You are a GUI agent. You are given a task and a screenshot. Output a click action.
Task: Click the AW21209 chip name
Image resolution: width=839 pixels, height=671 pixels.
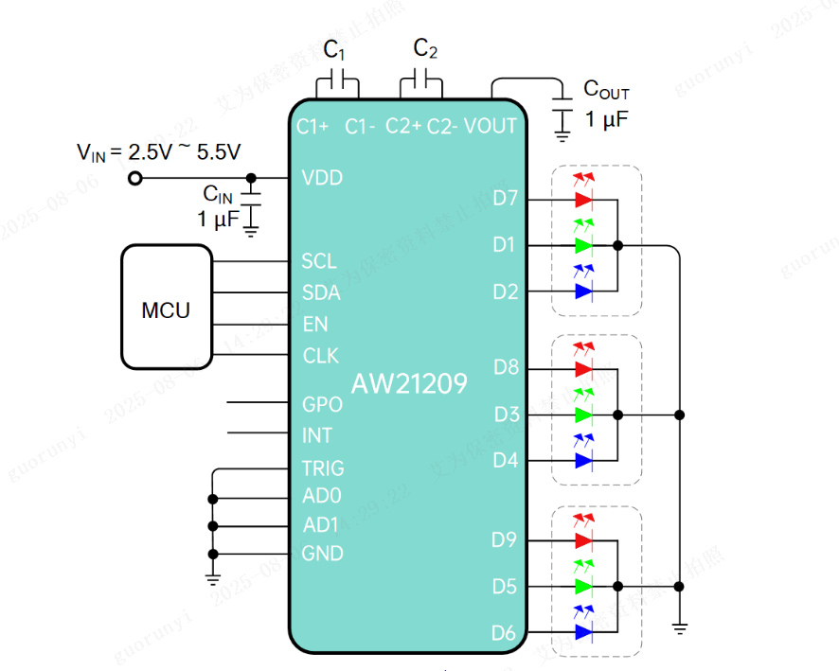[409, 384]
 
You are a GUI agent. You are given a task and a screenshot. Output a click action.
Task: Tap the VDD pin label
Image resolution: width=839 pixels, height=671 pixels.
[322, 178]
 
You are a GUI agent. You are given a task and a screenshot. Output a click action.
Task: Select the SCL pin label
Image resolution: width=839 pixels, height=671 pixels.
[319, 261]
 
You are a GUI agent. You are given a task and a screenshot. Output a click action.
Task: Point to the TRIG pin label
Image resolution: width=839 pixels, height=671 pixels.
[323, 468]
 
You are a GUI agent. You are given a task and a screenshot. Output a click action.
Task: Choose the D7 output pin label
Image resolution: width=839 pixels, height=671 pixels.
[506, 199]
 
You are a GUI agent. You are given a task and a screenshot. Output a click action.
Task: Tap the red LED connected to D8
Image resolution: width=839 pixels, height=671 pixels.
[583, 368]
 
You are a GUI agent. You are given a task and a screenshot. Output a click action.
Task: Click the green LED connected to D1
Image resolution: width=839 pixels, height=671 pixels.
[583, 245]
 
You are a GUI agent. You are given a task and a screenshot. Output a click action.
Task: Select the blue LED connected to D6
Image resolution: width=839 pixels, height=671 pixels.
[583, 631]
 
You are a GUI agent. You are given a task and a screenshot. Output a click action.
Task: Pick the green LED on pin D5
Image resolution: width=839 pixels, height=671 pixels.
[583, 586]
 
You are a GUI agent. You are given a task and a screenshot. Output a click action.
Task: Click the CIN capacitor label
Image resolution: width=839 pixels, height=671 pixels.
[218, 194]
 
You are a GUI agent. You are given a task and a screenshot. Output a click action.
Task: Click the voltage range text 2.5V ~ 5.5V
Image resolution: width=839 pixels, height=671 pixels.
[185, 151]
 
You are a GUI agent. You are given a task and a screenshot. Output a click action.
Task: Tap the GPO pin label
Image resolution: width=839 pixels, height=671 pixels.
[322, 404]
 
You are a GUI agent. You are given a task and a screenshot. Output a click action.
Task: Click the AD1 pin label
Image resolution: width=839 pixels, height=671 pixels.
[321, 524]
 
